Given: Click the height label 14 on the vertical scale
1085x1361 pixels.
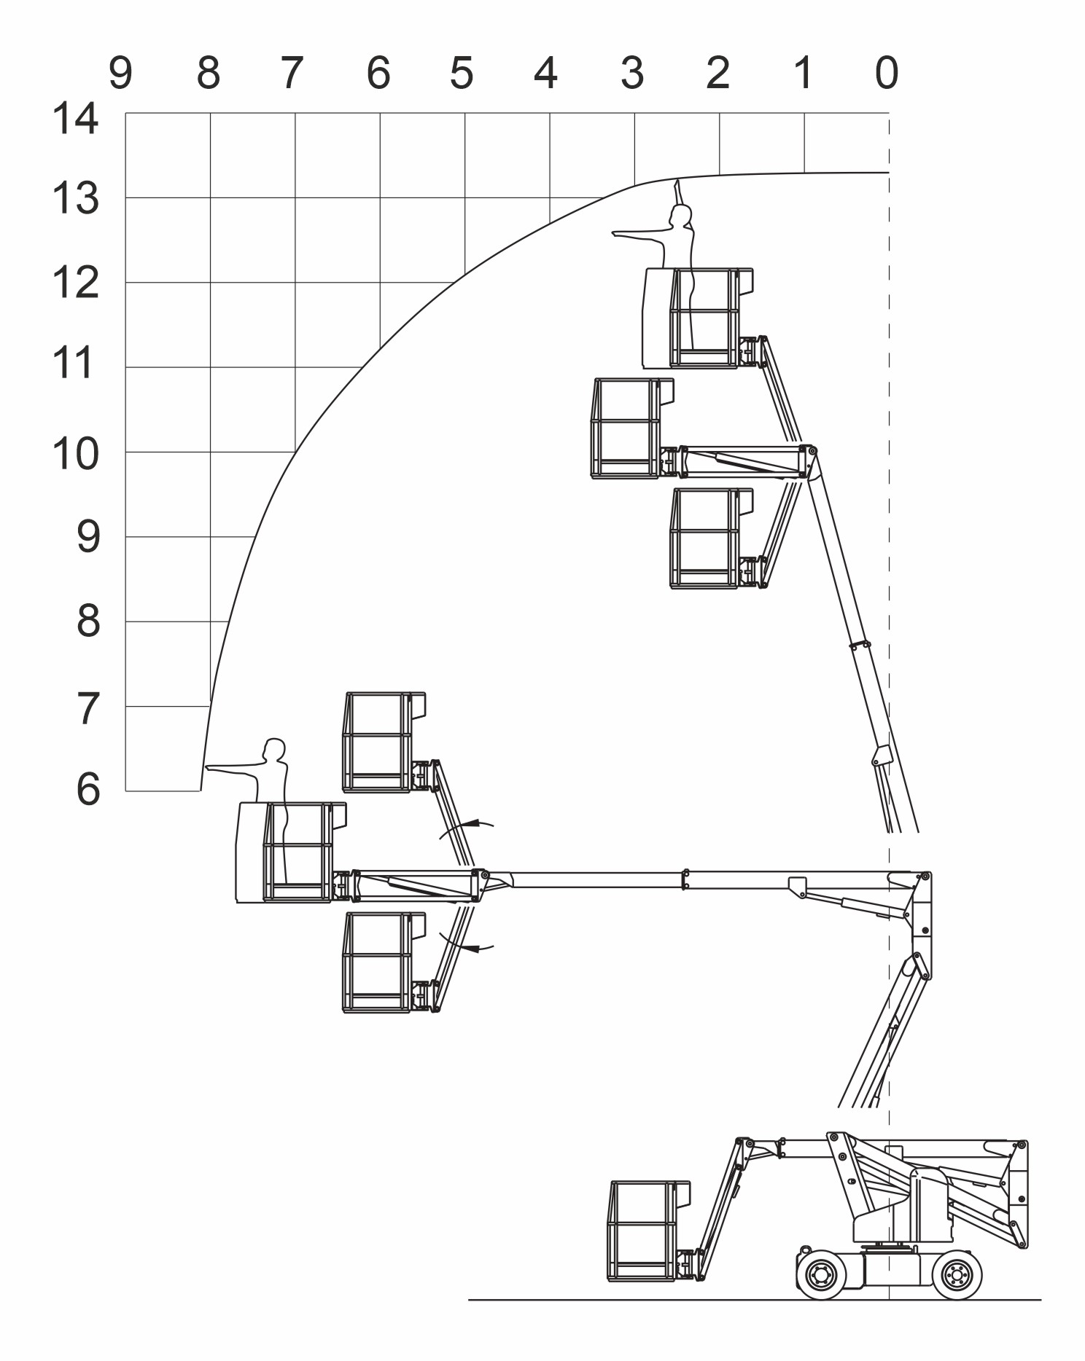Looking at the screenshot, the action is click(75, 119).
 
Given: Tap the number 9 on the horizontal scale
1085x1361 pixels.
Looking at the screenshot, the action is click(121, 73).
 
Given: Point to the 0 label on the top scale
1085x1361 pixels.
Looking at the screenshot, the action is click(887, 73).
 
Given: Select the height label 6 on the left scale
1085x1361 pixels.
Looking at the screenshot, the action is click(88, 789).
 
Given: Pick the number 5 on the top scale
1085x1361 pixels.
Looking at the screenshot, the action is click(462, 73).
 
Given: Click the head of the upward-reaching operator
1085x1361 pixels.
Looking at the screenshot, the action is click(681, 215).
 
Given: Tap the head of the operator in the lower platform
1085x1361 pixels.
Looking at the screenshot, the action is click(274, 750).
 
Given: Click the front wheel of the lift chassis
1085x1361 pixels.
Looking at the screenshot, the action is click(821, 1274).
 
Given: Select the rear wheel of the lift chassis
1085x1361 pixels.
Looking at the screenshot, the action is click(957, 1274).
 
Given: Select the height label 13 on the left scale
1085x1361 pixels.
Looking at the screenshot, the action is click(75, 199).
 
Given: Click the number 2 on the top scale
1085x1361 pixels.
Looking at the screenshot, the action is click(717, 73).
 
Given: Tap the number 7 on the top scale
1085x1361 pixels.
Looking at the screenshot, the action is click(292, 73).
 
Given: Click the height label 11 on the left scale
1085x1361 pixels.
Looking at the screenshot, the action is click(74, 363).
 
